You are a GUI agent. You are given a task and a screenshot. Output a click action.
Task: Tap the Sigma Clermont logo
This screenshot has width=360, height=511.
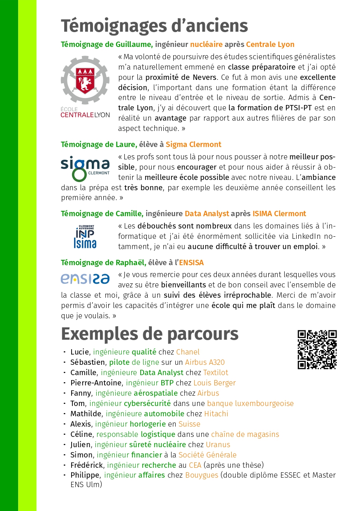click(85, 168)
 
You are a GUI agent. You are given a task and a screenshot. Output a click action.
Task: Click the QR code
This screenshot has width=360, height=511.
click(317, 350)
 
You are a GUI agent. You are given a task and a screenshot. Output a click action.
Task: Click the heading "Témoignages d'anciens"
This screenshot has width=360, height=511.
click(154, 26)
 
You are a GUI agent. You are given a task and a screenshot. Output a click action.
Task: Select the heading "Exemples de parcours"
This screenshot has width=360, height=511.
click(150, 334)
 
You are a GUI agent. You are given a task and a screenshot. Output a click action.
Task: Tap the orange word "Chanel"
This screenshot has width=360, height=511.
click(188, 352)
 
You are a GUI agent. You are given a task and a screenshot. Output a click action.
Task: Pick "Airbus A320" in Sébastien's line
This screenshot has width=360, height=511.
click(205, 362)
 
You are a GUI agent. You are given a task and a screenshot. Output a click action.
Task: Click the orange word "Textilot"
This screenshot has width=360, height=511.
click(216, 373)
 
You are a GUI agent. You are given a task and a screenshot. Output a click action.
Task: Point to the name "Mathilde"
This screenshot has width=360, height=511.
click(86, 414)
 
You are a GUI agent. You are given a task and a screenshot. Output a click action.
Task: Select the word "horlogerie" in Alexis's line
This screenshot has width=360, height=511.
click(148, 424)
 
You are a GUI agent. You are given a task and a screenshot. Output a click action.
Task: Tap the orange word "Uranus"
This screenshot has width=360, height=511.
click(218, 445)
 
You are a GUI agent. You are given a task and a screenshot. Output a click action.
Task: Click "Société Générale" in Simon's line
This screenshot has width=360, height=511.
click(207, 455)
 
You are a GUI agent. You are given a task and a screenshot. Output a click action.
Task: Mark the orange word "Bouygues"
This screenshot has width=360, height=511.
click(201, 476)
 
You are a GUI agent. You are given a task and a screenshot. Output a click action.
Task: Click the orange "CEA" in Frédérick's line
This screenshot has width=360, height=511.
click(195, 465)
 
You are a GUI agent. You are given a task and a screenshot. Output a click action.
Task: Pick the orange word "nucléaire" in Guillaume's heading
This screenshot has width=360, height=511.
click(206, 44)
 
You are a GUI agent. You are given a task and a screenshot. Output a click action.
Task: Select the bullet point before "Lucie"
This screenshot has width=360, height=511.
click(65, 352)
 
